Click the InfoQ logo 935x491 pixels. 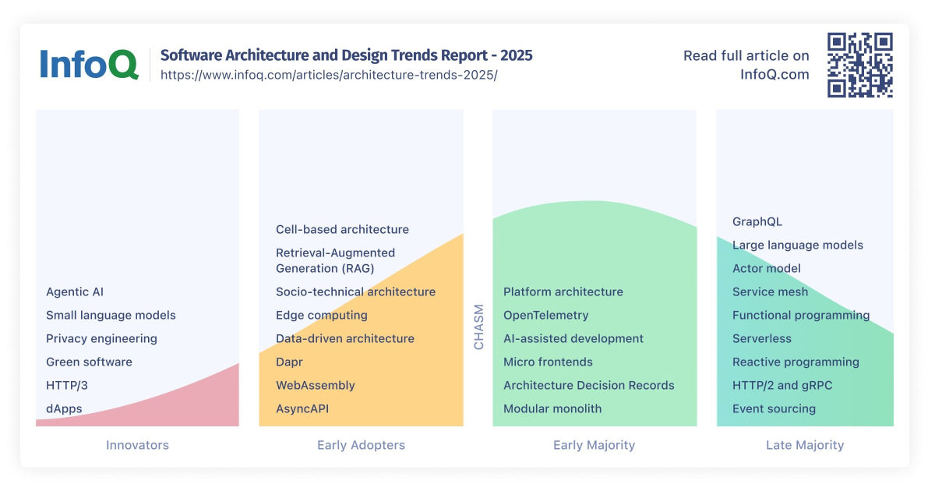(89, 65)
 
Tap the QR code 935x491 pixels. (859, 65)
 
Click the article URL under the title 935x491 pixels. (328, 76)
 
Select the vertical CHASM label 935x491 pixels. (478, 327)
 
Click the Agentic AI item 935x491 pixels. (75, 292)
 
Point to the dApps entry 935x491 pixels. (64, 409)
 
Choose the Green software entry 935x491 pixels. (89, 362)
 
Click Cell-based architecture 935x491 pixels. (342, 230)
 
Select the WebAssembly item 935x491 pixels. (315, 386)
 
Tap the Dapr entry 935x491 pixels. (289, 362)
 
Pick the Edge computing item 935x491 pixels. (321, 316)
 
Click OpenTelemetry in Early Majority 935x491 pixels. (545, 316)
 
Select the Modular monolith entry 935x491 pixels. (552, 409)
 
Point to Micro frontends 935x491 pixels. (548, 362)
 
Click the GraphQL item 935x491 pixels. (757, 222)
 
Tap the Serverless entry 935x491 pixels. (761, 339)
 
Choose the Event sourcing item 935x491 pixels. (774, 409)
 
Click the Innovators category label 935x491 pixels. (137, 446)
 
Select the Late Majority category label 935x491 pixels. (805, 446)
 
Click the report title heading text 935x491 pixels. (346, 55)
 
